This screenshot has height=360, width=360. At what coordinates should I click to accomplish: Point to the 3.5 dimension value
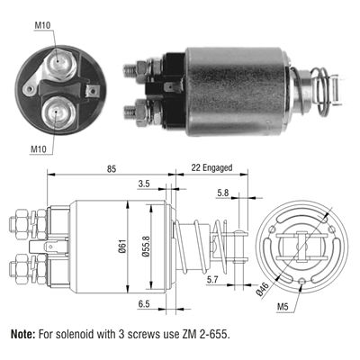(144, 184)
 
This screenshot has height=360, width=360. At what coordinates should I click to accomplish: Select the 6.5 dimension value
(144, 304)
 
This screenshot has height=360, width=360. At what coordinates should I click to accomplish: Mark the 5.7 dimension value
(211, 280)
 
